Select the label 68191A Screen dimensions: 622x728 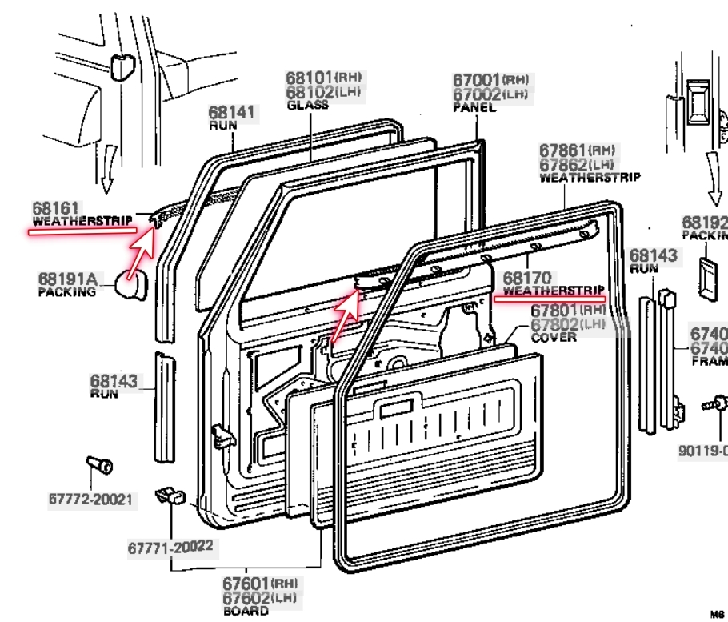[x=67, y=279]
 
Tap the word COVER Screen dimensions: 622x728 [x=551, y=338]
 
